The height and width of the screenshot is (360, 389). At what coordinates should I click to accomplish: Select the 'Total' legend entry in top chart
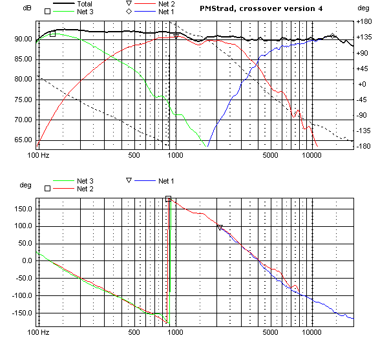[x=84, y=4]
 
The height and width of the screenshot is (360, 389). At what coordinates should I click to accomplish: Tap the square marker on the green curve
[x=53, y=34]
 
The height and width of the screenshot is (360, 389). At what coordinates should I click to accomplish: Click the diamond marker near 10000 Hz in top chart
[x=333, y=36]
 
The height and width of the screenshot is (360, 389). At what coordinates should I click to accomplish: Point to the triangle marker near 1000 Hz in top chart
[x=176, y=36]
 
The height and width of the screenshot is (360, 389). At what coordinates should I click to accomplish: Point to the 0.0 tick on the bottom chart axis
[x=26, y=261]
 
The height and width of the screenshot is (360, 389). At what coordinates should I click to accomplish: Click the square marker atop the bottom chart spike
[x=168, y=199]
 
